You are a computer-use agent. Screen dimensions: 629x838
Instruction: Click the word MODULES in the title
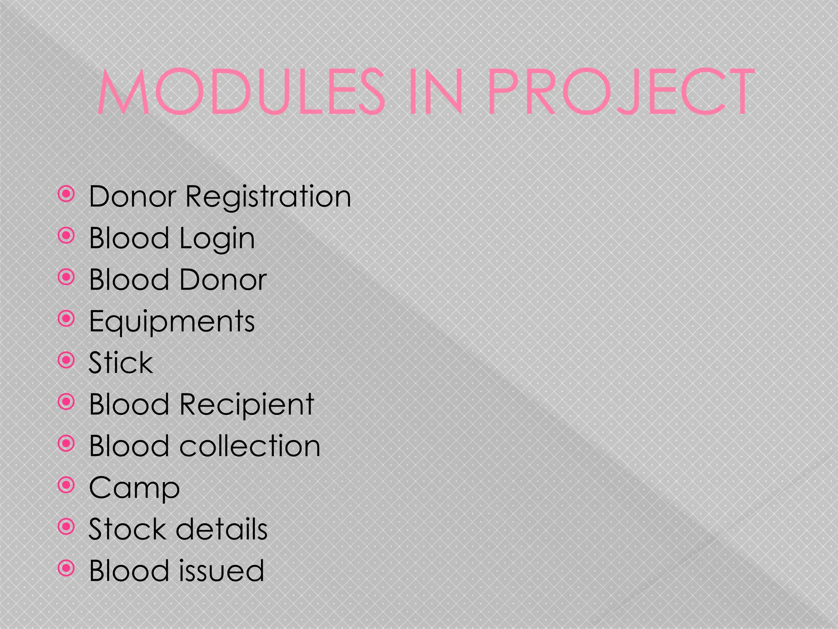click(x=241, y=92)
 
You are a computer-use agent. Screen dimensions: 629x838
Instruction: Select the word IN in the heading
click(x=435, y=92)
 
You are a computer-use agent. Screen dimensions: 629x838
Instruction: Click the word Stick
click(x=121, y=363)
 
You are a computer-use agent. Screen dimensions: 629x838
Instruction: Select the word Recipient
click(x=247, y=405)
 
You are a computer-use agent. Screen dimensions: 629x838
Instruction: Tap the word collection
click(x=250, y=446)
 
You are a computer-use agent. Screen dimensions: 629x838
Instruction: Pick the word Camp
click(x=134, y=488)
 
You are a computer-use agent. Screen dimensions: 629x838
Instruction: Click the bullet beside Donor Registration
click(x=66, y=195)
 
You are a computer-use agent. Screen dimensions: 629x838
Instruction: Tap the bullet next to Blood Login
click(x=66, y=236)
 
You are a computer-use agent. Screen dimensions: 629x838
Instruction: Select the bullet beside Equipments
click(x=66, y=319)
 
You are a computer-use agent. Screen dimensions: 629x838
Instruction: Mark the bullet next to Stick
click(x=66, y=360)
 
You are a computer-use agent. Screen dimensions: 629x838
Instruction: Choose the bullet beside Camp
click(x=66, y=485)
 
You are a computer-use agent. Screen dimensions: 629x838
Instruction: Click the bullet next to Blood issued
click(x=66, y=568)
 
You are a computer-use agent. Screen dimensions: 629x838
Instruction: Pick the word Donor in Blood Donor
click(x=223, y=281)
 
